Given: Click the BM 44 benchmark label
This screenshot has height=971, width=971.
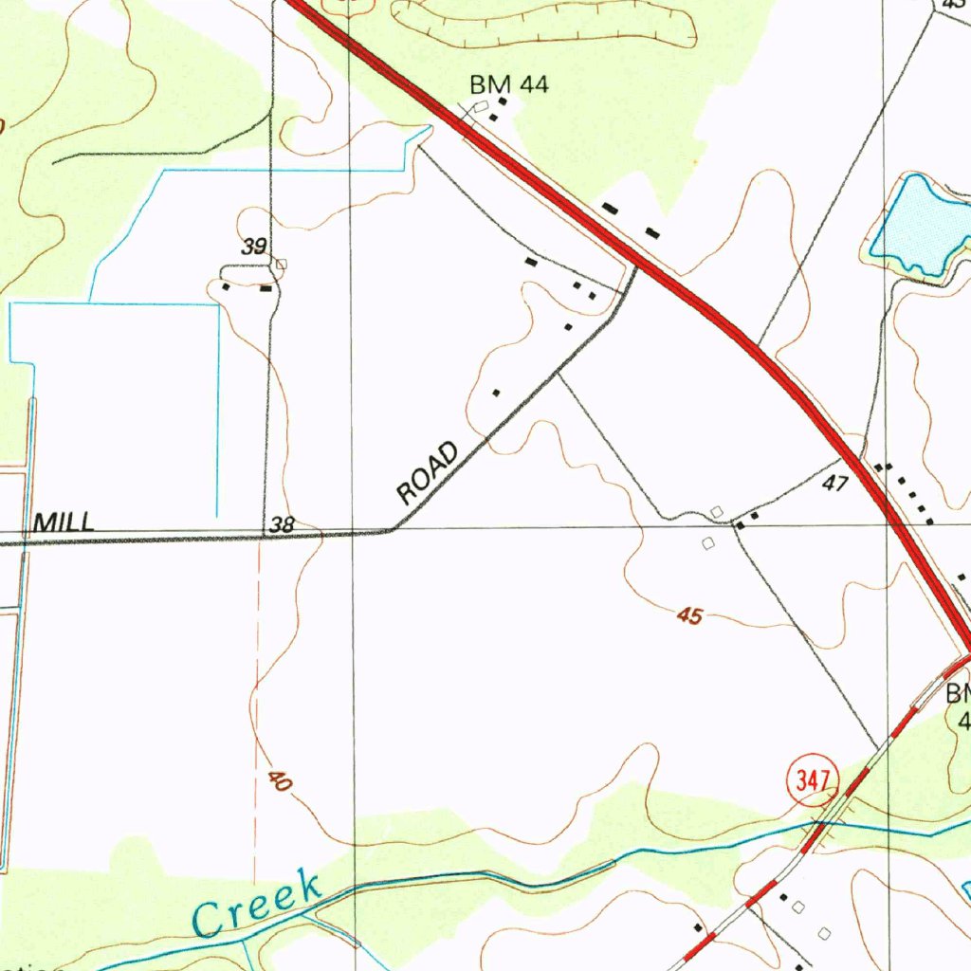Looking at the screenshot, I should (x=509, y=85).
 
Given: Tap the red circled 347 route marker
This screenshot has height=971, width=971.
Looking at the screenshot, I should (x=813, y=781).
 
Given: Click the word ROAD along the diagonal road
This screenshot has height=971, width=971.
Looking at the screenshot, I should (x=429, y=472).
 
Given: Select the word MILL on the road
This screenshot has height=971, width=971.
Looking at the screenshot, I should (x=64, y=522).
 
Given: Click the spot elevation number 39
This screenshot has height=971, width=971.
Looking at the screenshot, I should (x=253, y=247).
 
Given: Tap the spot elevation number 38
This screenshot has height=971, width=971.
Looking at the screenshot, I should (x=282, y=524).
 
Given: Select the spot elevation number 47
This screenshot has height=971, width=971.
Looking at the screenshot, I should (x=834, y=484).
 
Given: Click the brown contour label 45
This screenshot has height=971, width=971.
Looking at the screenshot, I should (x=689, y=616).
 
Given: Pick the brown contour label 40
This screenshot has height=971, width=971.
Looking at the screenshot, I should (x=278, y=781).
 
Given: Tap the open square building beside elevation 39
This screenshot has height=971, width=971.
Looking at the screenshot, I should (x=281, y=266).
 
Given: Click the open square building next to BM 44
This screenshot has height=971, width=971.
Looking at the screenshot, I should (x=481, y=106).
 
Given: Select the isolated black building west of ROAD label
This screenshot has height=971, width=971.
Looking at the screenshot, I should (x=495, y=392).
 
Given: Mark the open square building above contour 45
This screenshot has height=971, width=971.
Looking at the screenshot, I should (x=718, y=512).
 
